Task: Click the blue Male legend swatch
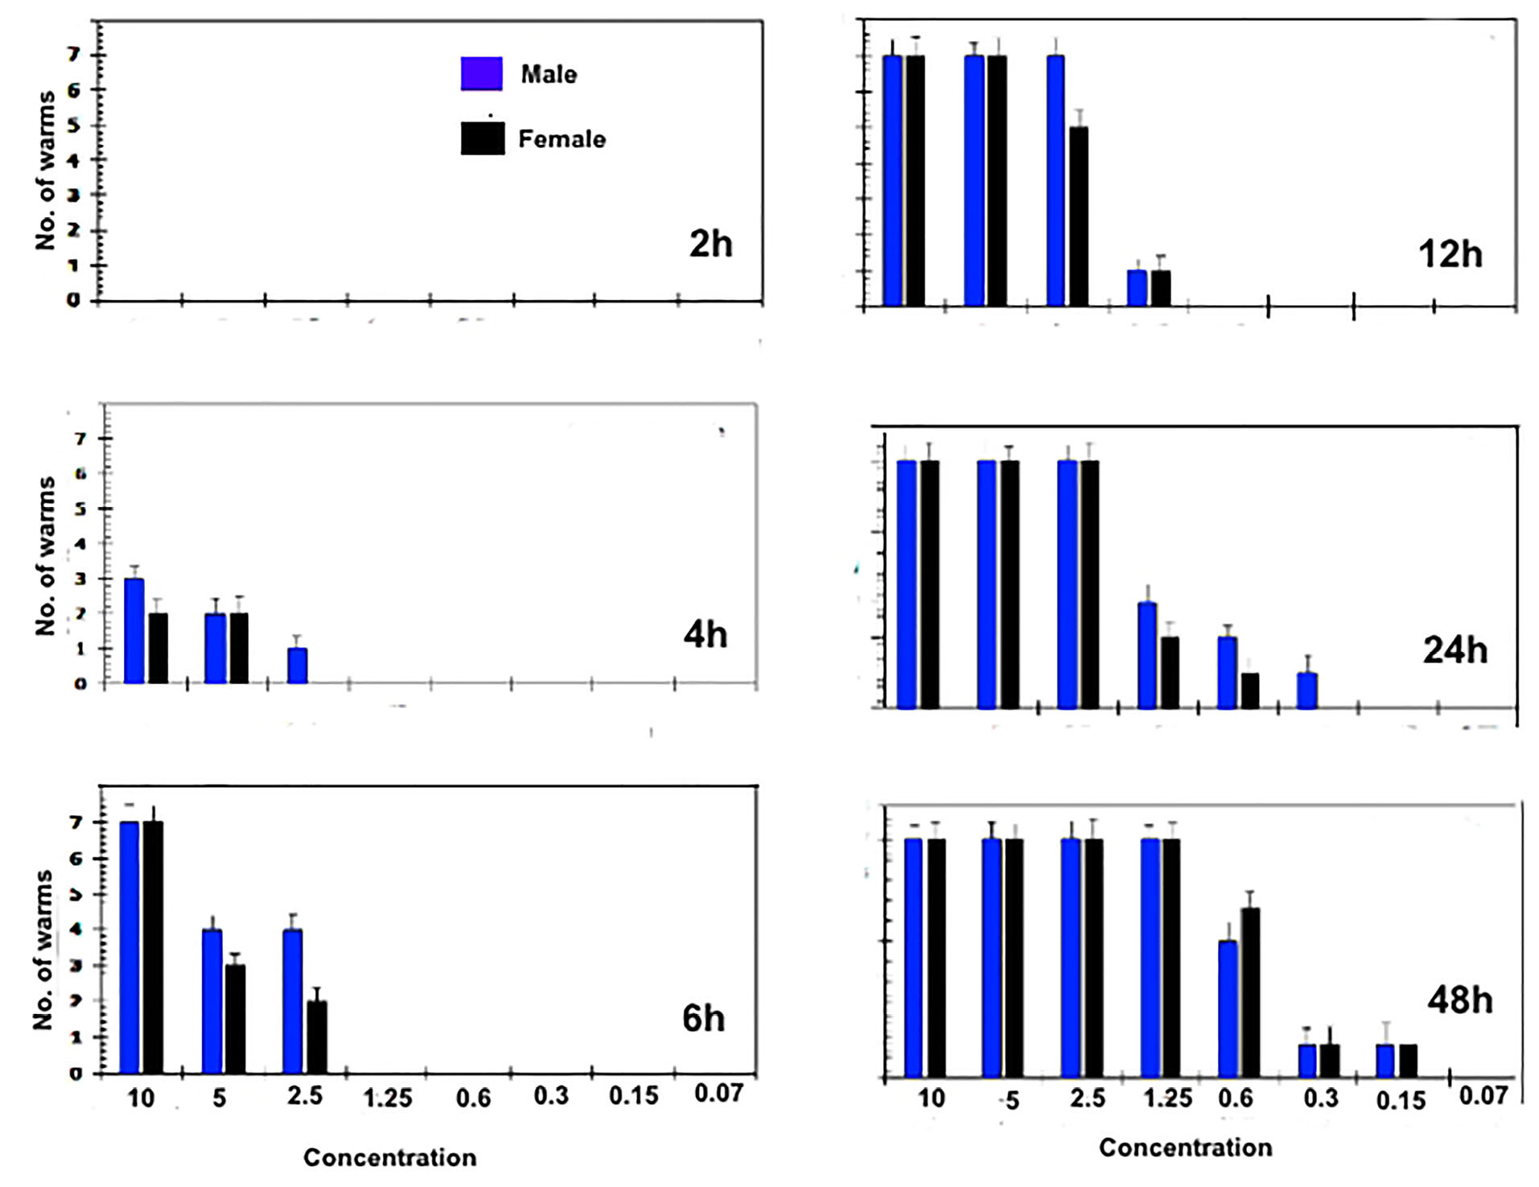(x=481, y=73)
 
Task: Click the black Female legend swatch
(x=483, y=138)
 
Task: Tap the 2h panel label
(x=710, y=244)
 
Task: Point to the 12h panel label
(x=1450, y=254)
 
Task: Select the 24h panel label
(x=1455, y=650)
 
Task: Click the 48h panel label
(x=1459, y=1000)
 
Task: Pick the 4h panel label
(x=705, y=635)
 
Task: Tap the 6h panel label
(x=703, y=1019)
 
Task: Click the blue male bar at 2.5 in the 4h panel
(x=297, y=666)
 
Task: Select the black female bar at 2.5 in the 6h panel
(x=317, y=1037)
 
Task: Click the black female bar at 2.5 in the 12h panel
(x=1078, y=216)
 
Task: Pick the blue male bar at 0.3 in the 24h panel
(x=1307, y=690)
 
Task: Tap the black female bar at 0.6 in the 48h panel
(x=1249, y=992)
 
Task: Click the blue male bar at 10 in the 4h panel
(x=134, y=630)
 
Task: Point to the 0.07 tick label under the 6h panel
(x=718, y=1093)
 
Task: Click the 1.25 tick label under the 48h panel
(x=1167, y=1098)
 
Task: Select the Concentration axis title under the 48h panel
(x=1185, y=1148)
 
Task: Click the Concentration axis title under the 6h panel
(x=389, y=1157)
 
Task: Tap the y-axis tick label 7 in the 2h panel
(x=74, y=55)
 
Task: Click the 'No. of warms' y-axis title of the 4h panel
(x=46, y=556)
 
